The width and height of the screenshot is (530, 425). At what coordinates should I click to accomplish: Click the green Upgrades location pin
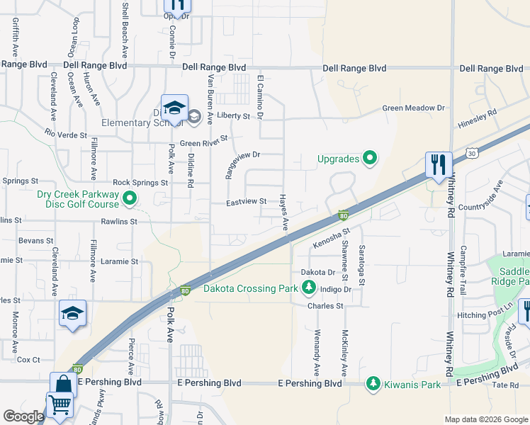click(x=369, y=158)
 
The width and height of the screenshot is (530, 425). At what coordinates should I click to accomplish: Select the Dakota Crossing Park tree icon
click(x=308, y=288)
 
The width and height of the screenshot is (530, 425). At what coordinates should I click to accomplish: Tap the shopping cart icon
click(x=60, y=404)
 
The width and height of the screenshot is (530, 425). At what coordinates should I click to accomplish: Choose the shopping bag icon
click(x=63, y=385)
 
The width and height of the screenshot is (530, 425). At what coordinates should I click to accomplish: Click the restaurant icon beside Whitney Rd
click(x=439, y=165)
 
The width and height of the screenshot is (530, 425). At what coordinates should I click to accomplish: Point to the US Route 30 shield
click(x=472, y=152)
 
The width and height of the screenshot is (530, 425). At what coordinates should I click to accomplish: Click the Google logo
click(x=23, y=416)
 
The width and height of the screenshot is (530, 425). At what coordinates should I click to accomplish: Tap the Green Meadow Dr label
click(x=413, y=108)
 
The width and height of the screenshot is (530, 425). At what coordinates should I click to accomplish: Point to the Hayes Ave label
click(x=284, y=212)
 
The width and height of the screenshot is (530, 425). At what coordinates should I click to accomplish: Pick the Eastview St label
click(x=246, y=202)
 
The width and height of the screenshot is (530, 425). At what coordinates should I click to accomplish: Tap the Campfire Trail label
click(x=463, y=261)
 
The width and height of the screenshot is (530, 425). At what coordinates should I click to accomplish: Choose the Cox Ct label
click(x=28, y=359)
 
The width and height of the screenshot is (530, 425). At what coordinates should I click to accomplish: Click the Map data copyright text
click(x=485, y=419)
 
